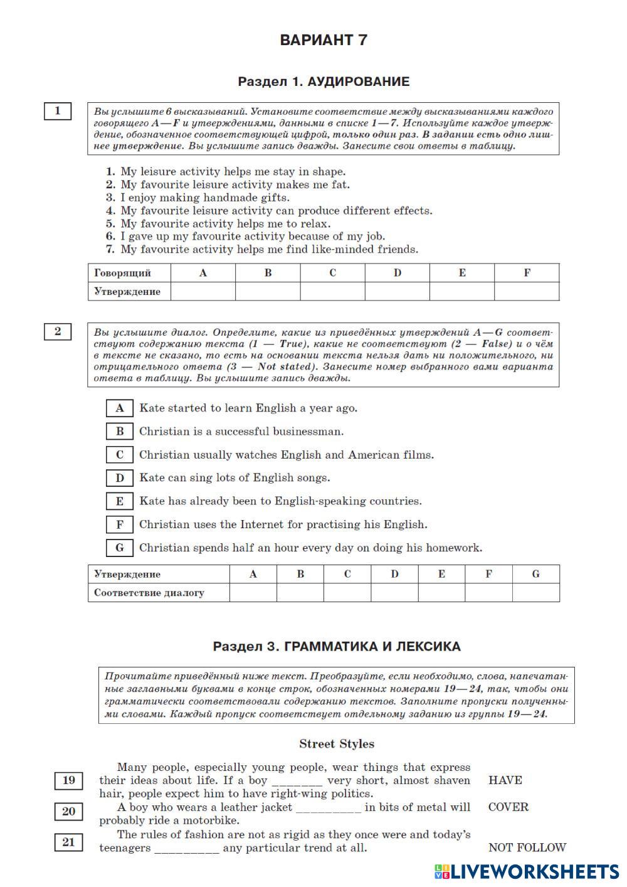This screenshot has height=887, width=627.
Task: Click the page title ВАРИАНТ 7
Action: point(323,40)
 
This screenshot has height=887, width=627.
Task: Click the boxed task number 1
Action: point(58,111)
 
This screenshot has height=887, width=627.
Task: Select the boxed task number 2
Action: point(58,331)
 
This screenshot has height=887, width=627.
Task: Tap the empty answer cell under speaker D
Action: point(397,292)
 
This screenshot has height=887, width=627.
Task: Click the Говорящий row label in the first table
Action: point(123,273)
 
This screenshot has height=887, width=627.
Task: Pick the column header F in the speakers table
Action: point(526,273)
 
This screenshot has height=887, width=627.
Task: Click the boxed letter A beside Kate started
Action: point(120,408)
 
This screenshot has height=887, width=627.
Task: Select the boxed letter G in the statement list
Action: point(120,548)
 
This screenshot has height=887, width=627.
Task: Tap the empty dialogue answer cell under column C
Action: point(347,593)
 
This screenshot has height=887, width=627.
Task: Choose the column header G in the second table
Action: point(535,574)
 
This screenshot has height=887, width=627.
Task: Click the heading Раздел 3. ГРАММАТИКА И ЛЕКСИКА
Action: point(336,646)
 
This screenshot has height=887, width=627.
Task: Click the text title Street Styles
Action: point(336,744)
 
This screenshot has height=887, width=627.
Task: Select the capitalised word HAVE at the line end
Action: point(505,780)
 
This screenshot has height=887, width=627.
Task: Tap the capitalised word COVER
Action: point(508,807)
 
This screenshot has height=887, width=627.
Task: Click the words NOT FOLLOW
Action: point(527,848)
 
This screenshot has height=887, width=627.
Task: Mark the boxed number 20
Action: point(68,812)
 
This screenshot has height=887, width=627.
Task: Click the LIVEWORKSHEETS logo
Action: point(526,871)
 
